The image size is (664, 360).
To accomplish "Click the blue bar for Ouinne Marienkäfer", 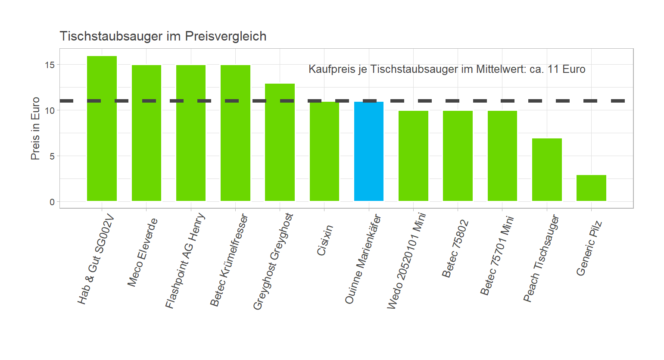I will pyautogui.click(x=369, y=151).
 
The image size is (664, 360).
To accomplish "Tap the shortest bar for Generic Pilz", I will pyautogui.click(x=591, y=188).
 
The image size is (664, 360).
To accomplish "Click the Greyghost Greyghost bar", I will pyautogui.click(x=280, y=142).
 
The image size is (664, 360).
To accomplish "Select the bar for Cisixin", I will pyautogui.click(x=324, y=151).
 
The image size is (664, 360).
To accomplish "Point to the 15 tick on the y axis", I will pyautogui.click(x=50, y=65).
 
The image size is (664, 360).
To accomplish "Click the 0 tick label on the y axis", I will pyautogui.click(x=52, y=202).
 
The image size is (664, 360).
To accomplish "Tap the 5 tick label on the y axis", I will pyautogui.click(x=52, y=156).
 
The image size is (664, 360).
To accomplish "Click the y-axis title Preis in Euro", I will pyautogui.click(x=35, y=128).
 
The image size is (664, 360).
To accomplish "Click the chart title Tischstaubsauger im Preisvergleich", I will pyautogui.click(x=163, y=36).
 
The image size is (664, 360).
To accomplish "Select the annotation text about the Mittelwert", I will pyautogui.click(x=447, y=69).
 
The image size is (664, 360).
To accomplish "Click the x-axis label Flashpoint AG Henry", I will pyautogui.click(x=185, y=261).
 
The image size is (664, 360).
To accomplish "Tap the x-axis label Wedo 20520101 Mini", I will pyautogui.click(x=406, y=261).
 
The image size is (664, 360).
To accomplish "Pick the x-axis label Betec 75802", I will pyautogui.click(x=455, y=249).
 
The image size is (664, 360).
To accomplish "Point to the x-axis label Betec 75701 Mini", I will pyautogui.click(x=497, y=256).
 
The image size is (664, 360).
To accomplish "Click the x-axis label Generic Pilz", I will pyautogui.click(x=589, y=248).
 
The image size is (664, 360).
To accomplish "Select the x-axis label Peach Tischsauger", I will pyautogui.click(x=541, y=258).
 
